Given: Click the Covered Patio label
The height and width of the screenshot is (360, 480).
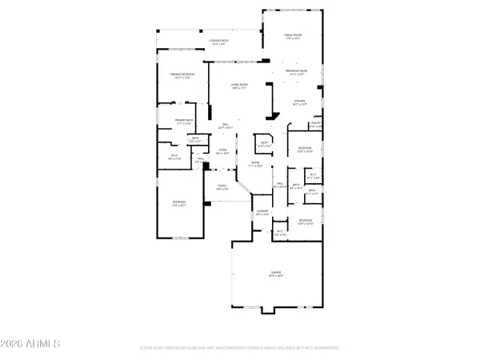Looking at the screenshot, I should click(218, 41).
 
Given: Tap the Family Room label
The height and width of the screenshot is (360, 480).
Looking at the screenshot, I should click(293, 36).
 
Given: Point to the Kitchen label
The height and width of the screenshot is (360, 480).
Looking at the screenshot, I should click(299, 102).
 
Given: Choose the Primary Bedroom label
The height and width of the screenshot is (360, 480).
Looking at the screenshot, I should click(182, 75).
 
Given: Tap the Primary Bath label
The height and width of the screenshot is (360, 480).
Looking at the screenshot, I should click(186, 122).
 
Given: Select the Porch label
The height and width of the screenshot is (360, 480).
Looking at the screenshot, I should click(219, 188).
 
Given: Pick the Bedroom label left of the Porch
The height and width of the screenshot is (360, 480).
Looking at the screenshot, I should click(180, 203).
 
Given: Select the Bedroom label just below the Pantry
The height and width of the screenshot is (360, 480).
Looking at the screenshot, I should click(305, 150).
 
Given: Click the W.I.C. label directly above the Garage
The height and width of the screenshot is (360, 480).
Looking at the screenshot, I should click(280, 233).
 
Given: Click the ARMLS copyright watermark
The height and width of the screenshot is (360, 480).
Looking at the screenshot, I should click(31, 345).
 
